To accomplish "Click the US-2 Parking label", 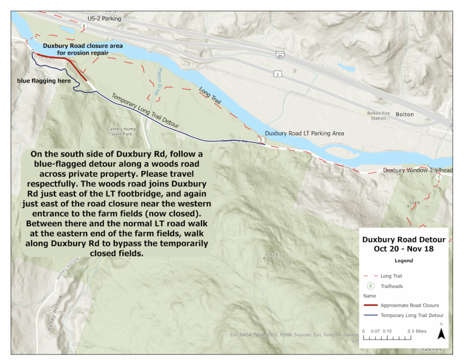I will click(x=104, y=19).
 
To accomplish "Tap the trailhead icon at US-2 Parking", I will click(x=84, y=26).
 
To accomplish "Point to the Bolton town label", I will click(x=405, y=114).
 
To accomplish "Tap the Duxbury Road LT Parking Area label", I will click(x=304, y=133).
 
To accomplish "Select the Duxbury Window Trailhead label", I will click(x=418, y=170).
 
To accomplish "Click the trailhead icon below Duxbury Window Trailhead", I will click(x=438, y=177).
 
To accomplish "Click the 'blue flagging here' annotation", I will click(x=44, y=81).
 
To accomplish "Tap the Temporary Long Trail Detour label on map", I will click(x=145, y=111).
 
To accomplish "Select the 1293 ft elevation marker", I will click(x=271, y=255).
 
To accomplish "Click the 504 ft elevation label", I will click(x=414, y=203).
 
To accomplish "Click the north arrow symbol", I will click(x=441, y=333).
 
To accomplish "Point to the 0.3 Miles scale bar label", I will click(x=417, y=331).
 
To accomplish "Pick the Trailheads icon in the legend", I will click(x=371, y=286).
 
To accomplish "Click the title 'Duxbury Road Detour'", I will click(x=404, y=239).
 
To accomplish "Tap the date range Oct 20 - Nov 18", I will click(x=404, y=248).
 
